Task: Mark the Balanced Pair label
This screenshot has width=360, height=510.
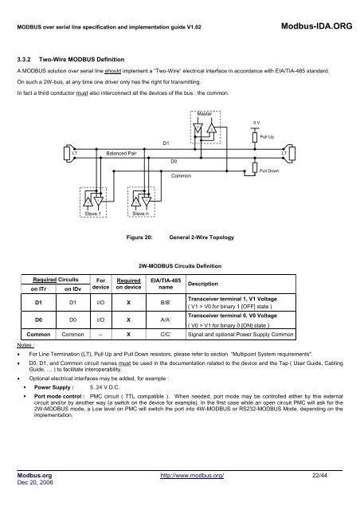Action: (121, 151)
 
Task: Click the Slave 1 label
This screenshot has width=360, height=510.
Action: (97, 213)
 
